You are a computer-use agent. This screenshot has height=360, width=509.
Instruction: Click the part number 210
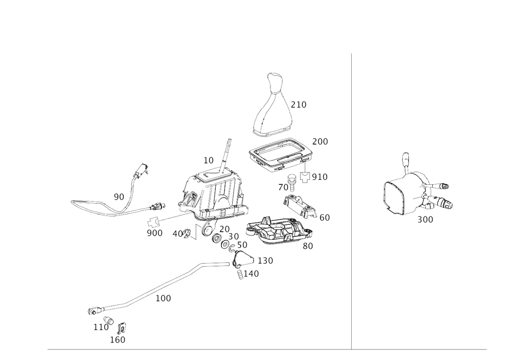coord(301,105)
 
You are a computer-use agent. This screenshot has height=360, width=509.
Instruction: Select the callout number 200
coord(321,140)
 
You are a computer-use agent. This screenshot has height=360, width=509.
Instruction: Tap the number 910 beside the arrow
coord(320,177)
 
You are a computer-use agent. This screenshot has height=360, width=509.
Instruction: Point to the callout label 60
coord(325,218)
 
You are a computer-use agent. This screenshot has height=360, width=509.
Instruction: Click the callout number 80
coord(307,246)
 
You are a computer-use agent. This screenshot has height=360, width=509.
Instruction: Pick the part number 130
coord(266,260)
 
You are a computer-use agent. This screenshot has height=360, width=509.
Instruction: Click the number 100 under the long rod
coord(163,298)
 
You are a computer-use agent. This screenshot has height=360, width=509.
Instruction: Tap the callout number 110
coord(100,326)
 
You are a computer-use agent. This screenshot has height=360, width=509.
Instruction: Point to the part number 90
coord(119,196)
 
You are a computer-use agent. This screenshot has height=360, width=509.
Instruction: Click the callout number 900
coord(154,233)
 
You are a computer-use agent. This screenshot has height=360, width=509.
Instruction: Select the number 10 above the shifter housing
coord(209,160)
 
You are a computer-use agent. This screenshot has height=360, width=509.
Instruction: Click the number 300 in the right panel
coord(425,219)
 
